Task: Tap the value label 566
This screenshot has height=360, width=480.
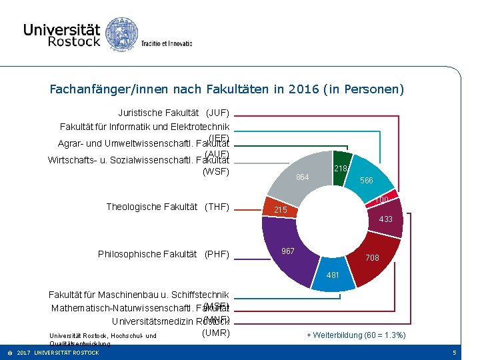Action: coord(367,181)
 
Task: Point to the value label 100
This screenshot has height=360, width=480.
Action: coord(382,200)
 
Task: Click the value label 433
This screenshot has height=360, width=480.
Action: coord(385,219)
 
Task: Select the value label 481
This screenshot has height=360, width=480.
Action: coord(333,275)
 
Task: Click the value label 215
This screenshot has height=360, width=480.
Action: coord(281,211)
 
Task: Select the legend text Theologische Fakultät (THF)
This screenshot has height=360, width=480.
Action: coord(167,207)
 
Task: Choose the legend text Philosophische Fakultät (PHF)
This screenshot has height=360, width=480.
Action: coord(163,254)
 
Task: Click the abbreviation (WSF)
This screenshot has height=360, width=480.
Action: coord(215,172)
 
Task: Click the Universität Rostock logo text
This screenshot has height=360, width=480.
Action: coord(61,35)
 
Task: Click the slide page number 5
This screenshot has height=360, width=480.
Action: coord(454,352)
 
